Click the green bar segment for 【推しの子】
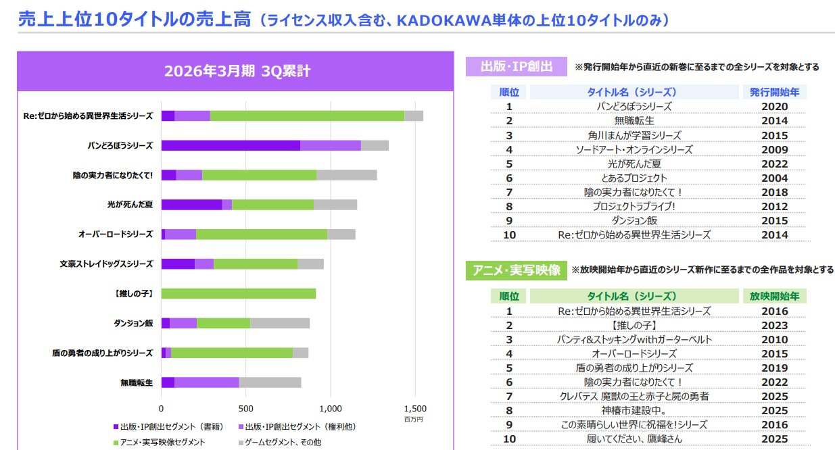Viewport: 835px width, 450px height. pos(238,293)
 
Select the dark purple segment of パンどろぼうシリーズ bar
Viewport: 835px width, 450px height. pos(231,145)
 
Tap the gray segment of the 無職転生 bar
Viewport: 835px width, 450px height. pos(270,382)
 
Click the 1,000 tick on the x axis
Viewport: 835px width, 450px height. pos(331,408)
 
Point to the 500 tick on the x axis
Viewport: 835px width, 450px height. pos(246,408)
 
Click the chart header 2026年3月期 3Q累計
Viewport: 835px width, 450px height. pos(237,72)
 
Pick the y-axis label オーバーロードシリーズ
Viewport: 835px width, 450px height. pos(115,234)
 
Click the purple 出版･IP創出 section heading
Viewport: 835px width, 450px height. pos(516,66)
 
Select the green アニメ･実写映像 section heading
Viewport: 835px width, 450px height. pos(516,270)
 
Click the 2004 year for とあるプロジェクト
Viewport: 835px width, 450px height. pos(774,178)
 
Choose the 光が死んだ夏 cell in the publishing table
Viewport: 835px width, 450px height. pos(634,164)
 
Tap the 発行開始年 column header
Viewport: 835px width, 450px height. pos(774,92)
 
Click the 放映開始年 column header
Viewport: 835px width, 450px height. pos(774,296)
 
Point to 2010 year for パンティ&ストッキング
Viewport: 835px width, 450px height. pos(774,339)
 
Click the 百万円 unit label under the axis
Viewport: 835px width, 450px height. pos(413,420)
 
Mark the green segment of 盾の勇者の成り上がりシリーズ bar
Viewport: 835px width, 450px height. pos(232,353)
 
